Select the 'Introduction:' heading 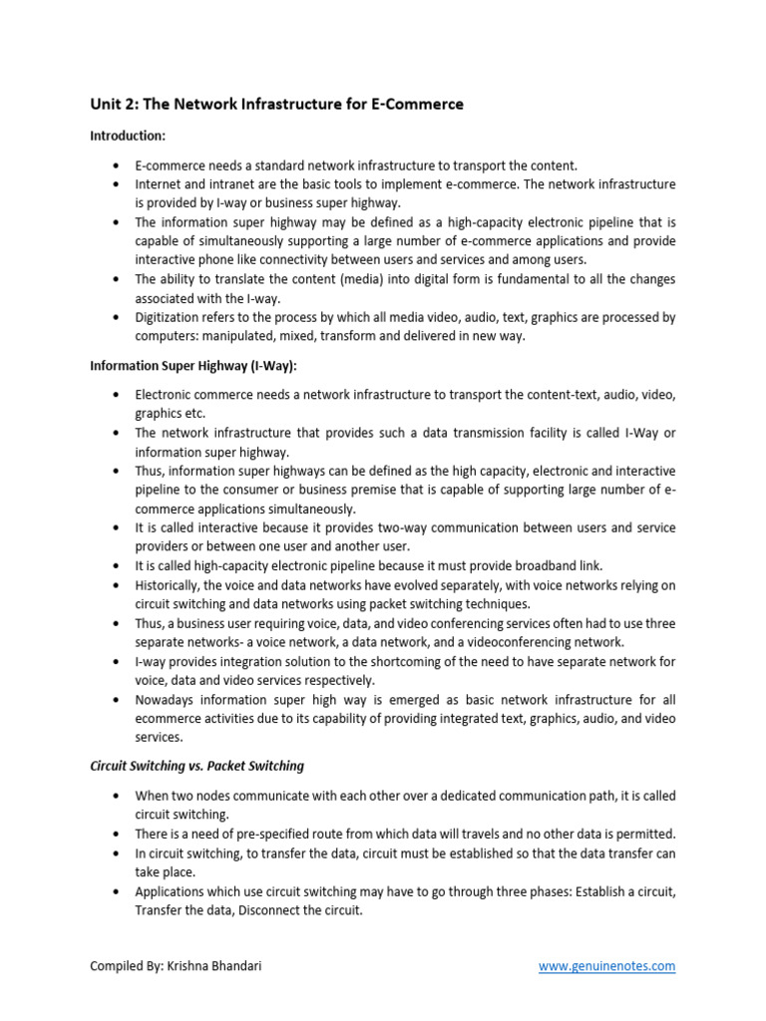pyautogui.click(x=129, y=135)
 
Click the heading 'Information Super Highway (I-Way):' pyautogui.click(x=193, y=366)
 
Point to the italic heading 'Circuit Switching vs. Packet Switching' pyautogui.click(x=196, y=766)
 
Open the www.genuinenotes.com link pyautogui.click(x=606, y=965)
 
